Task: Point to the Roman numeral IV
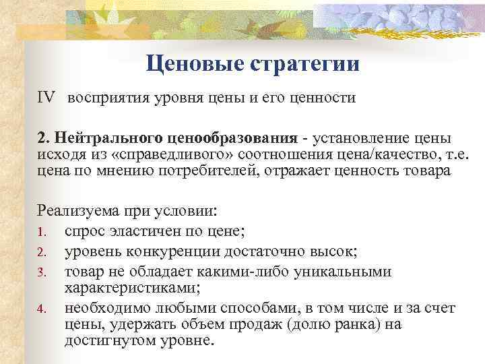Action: click(48, 98)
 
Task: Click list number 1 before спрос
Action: click(42, 233)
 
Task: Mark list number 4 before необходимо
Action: click(42, 309)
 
